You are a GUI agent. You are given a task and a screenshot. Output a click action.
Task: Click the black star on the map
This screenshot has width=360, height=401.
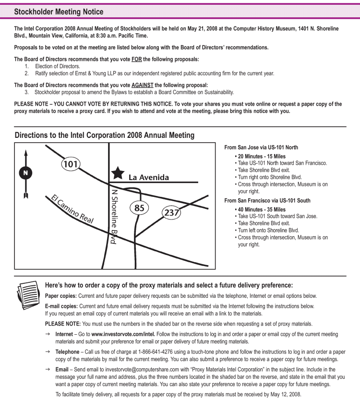118,173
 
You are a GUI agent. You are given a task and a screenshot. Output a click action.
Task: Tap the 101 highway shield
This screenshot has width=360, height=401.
71,164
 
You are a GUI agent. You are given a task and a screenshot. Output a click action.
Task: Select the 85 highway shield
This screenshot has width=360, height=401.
139,207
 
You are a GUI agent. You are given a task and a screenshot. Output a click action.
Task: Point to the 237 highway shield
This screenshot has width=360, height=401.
171,212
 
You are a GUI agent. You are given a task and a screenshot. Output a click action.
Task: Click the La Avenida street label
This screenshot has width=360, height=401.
148,177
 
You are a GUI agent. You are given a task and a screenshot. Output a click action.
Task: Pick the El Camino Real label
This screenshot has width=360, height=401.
72,209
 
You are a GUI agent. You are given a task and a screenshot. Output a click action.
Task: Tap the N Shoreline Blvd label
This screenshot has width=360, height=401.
114,217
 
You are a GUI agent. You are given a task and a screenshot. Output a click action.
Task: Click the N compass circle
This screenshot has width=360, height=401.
25,173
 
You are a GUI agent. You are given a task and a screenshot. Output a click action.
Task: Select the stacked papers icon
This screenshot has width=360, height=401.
28,295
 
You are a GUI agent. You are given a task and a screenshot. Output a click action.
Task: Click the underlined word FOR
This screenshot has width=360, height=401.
136,60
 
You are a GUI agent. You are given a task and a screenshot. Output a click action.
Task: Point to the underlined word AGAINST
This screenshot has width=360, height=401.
143,85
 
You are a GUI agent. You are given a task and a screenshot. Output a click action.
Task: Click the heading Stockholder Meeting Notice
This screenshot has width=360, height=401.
59,12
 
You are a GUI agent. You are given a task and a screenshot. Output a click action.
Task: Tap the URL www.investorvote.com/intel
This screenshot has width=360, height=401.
123,334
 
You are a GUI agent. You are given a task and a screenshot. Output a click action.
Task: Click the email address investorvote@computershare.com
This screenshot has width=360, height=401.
142,369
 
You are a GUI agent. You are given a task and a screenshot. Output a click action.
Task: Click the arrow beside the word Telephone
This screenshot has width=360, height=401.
48,352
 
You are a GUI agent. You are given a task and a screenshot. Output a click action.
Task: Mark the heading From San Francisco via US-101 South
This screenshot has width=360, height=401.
267,201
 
